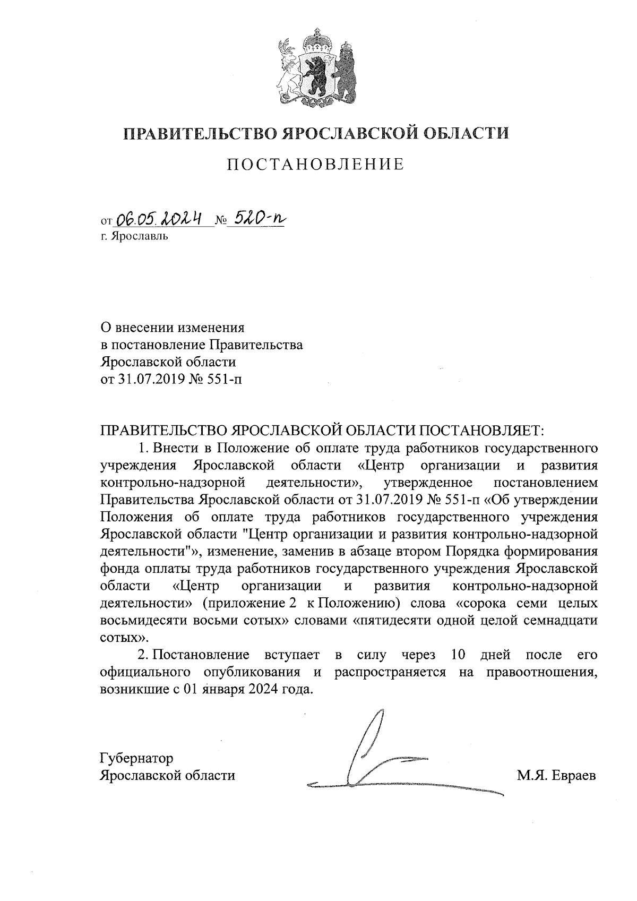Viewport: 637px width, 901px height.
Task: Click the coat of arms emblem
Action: coord(316,68)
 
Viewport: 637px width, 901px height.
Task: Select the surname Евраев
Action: coord(573,775)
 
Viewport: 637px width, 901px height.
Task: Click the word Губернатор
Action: coord(136,758)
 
